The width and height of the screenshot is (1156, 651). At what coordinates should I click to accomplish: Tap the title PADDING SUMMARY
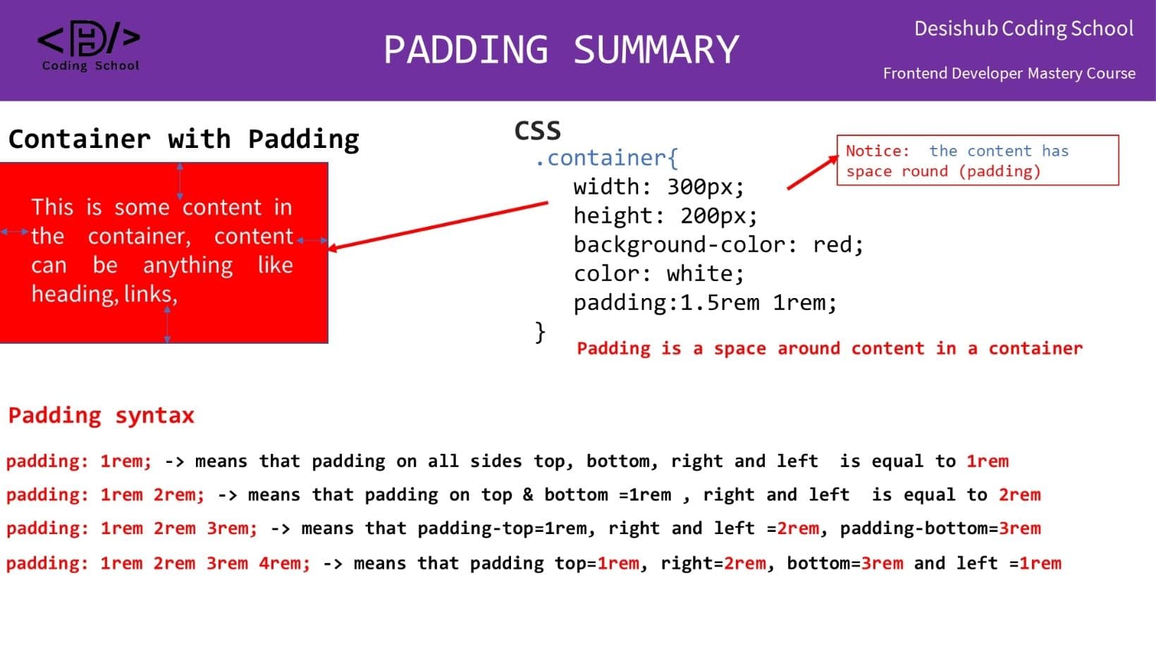561,50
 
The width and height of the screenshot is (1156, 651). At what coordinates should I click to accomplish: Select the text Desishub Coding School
1023,29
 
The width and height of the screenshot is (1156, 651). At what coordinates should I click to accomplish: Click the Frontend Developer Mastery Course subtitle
1009,73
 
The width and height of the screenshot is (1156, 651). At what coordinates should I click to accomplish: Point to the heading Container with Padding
183,139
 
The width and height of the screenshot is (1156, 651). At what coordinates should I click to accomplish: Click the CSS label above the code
537,131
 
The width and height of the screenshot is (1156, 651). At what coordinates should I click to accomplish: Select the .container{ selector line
606,159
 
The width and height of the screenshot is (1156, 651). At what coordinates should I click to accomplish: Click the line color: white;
658,274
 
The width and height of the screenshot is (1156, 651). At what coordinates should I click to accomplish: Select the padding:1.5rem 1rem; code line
705,303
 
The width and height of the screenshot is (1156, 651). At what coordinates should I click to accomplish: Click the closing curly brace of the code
540,331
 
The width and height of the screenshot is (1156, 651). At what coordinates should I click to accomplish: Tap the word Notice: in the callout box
877,151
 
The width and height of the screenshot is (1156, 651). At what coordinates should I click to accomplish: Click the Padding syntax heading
101,416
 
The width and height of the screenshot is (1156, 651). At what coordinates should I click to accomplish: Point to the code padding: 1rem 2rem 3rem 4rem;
158,564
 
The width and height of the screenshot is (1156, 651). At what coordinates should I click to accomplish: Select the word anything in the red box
187,266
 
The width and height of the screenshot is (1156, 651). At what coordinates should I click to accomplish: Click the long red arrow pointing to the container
437,225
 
